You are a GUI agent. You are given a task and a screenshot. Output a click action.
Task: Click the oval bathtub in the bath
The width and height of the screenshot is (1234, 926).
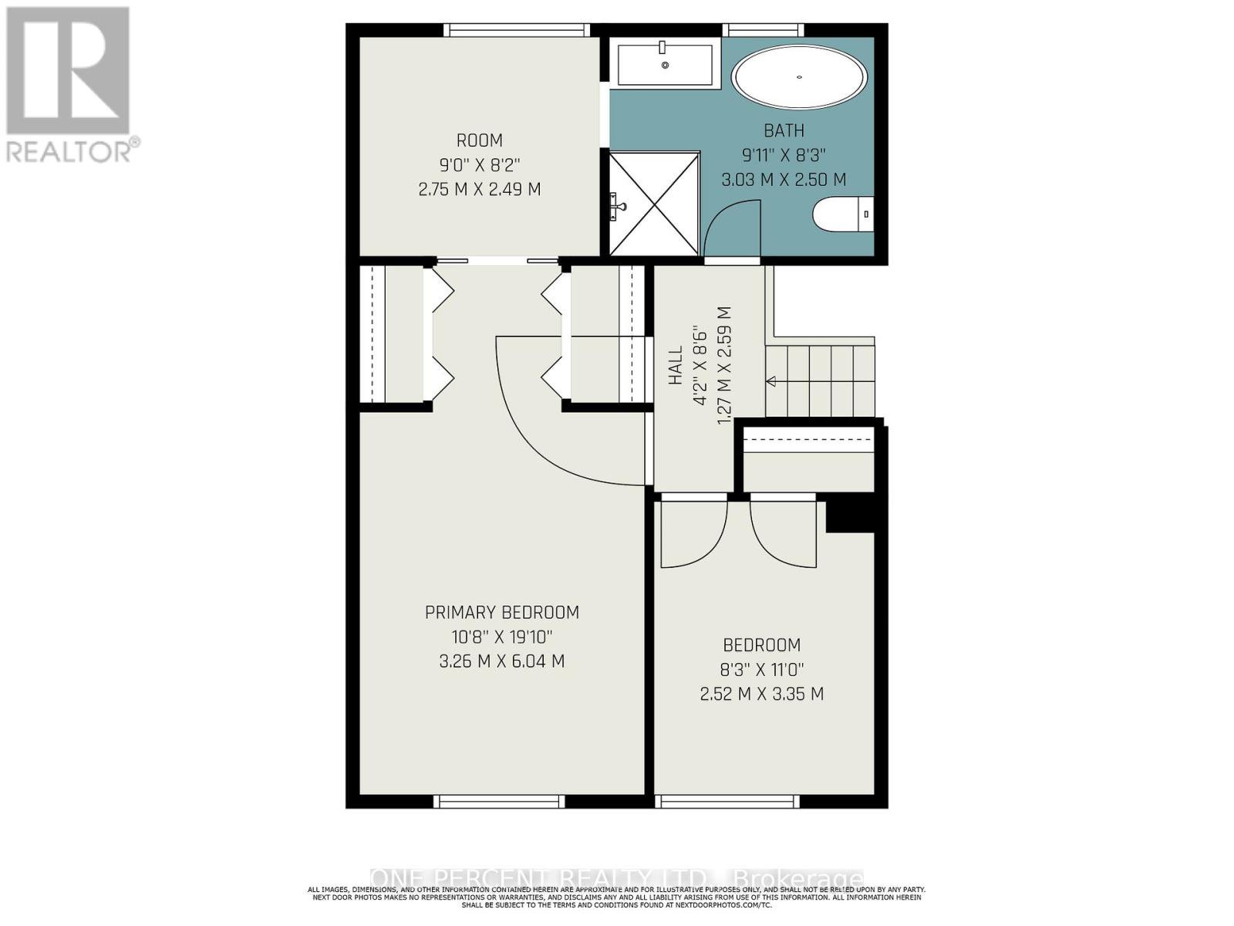click(800, 77)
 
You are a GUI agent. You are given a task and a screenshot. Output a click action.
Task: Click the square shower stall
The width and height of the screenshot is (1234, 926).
click(655, 204)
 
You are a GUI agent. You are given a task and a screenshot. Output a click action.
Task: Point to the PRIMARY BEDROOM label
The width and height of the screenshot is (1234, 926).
click(502, 613)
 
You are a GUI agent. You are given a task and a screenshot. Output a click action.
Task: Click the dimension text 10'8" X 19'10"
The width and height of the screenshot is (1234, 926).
click(502, 637)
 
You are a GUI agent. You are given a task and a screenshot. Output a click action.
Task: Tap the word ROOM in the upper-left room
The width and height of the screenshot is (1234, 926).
click(480, 140)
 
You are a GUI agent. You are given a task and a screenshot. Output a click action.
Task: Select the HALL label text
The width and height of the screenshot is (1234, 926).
click(676, 365)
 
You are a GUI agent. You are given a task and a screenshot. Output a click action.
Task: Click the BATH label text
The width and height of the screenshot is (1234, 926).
click(784, 130)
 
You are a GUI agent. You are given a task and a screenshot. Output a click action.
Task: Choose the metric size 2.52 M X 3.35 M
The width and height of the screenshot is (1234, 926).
click(762, 694)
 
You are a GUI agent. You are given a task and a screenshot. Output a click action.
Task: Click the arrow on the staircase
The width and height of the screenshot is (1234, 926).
click(770, 381)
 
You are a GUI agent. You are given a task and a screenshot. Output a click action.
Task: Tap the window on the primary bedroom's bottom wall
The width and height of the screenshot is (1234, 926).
click(499, 802)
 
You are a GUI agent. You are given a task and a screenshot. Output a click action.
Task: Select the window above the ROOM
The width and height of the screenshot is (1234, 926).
click(517, 30)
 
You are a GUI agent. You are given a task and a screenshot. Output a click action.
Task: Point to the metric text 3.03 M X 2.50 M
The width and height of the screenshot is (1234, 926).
click(784, 180)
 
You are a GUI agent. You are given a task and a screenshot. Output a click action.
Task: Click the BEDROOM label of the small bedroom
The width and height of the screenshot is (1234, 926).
click(762, 645)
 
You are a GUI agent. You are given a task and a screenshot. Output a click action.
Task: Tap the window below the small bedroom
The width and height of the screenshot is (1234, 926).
click(727, 802)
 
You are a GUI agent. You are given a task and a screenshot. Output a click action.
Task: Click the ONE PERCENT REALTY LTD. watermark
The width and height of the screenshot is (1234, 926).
click(617, 879)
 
